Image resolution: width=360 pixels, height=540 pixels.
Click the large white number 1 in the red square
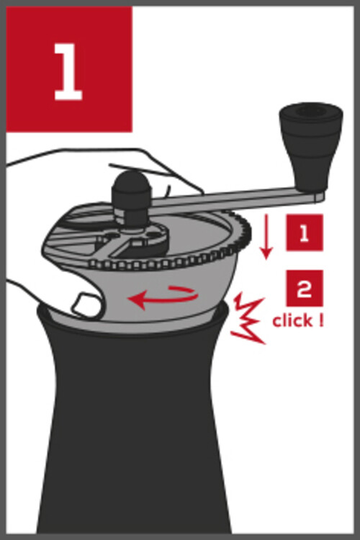[x=68, y=71]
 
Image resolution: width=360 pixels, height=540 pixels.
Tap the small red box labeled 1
[x=305, y=233]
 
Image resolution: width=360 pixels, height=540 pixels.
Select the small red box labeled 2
[x=305, y=288]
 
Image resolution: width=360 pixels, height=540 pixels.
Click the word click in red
[x=293, y=320]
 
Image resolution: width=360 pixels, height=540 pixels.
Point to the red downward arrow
[x=266, y=236]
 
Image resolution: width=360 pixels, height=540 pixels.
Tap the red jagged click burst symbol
[x=248, y=318]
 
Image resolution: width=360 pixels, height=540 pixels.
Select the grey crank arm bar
[x=234, y=199]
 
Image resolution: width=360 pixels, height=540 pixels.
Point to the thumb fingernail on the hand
[x=84, y=303]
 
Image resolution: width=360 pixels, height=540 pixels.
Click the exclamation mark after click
[x=321, y=320]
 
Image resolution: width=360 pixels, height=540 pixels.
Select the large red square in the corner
[x=69, y=69]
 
